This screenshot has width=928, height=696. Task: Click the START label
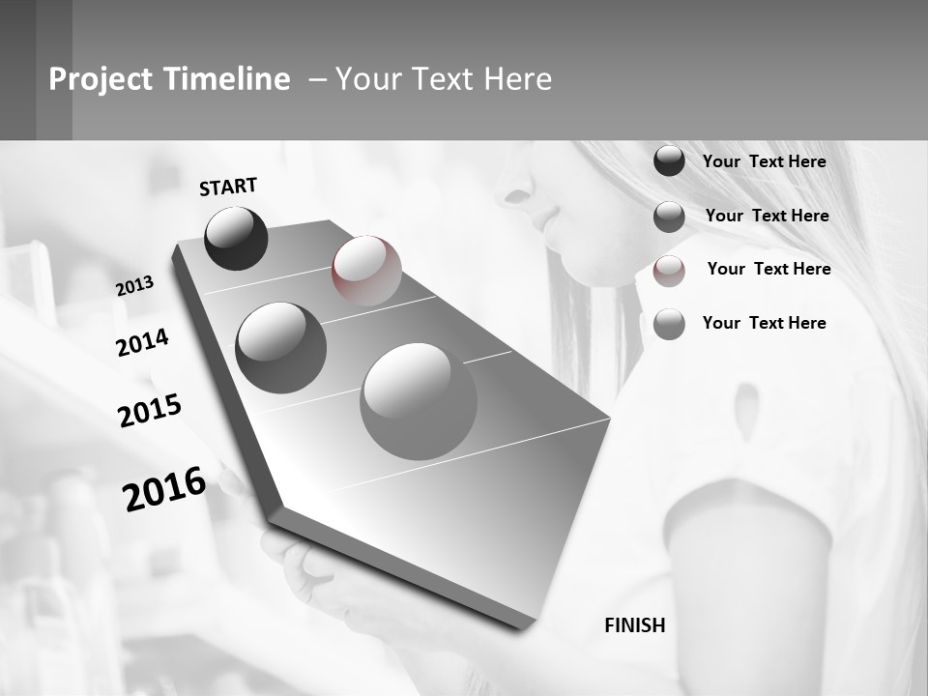[x=228, y=187]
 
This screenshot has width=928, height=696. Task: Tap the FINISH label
[x=634, y=625]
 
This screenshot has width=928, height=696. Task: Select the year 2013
[x=135, y=285]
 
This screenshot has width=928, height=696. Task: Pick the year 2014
[x=142, y=342]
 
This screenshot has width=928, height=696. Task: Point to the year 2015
[x=150, y=410]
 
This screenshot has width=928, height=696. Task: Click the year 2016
[x=164, y=489]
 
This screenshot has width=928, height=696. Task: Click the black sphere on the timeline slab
[x=236, y=238]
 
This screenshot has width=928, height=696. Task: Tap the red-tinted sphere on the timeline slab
[x=366, y=271]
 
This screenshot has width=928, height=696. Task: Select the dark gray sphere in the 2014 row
[x=280, y=348]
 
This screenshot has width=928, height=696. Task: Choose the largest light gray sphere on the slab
[x=418, y=401]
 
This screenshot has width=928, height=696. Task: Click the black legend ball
[x=669, y=161]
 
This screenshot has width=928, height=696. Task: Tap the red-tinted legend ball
[x=669, y=271]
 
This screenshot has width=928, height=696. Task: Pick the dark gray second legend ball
[x=669, y=217]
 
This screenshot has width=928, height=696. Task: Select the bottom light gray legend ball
[x=669, y=324]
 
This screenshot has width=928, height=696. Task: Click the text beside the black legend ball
[x=764, y=161]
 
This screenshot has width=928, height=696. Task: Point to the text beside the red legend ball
[x=768, y=269]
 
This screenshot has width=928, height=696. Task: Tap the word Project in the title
[x=100, y=79]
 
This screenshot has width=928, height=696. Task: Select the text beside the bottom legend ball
[x=764, y=323]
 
